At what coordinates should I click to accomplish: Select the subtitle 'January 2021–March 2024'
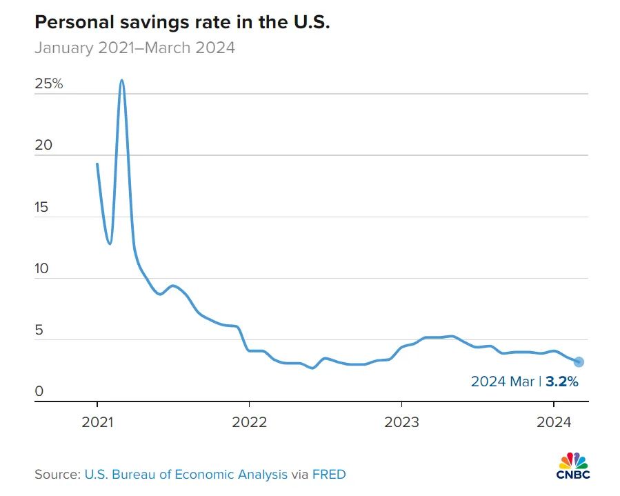tap(134, 48)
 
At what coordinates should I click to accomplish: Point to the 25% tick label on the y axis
tap(48, 84)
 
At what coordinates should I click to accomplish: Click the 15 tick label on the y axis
tap(42, 207)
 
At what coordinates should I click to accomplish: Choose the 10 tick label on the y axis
tap(42, 268)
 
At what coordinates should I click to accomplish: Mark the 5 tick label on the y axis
tap(39, 330)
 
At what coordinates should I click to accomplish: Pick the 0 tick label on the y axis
tap(39, 392)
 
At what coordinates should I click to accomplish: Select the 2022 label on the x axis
tap(249, 421)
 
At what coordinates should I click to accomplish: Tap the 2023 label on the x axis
tap(401, 421)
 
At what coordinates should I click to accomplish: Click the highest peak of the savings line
tap(122, 80)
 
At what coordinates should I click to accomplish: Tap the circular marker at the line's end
tap(579, 361)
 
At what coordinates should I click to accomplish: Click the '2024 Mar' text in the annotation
tap(503, 381)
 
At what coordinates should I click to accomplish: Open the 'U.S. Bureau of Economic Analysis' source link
tap(186, 474)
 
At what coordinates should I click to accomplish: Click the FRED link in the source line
tap(330, 474)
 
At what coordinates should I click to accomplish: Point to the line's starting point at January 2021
tap(97, 163)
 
